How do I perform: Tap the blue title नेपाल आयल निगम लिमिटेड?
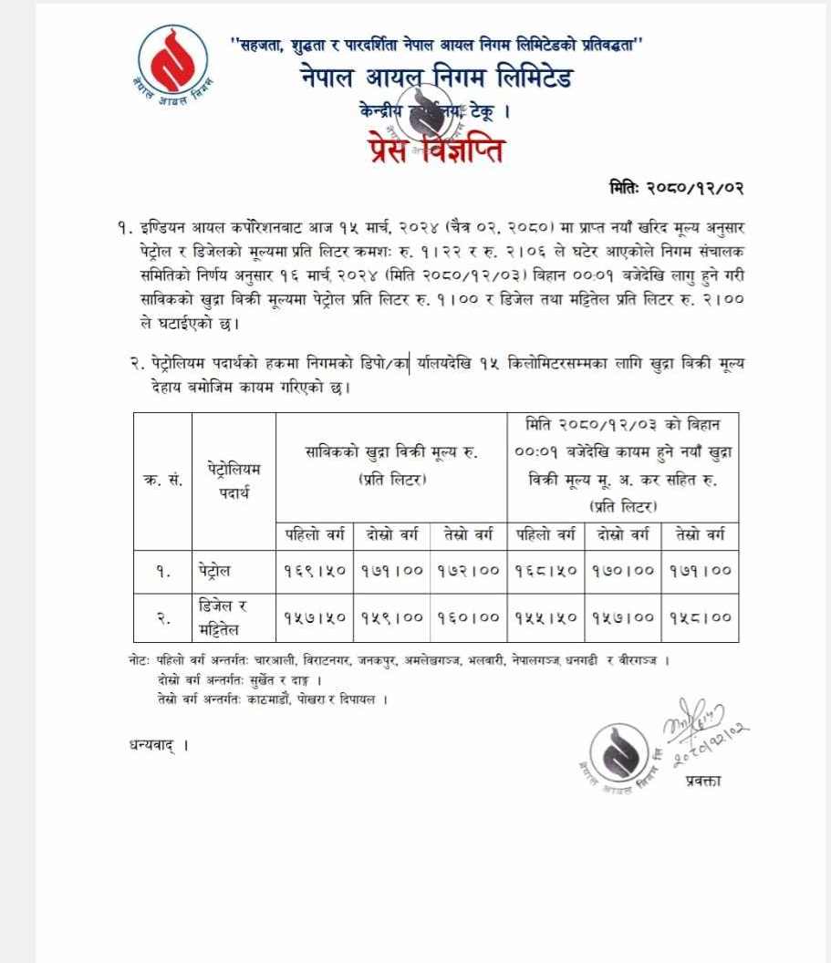coord(436,78)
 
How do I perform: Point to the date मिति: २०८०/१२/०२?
coord(677,188)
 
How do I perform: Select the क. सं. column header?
coord(162,481)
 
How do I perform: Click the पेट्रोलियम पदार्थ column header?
coord(234,481)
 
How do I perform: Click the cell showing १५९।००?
coord(390,617)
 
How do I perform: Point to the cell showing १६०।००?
coord(467,617)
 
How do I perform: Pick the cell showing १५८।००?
coord(700,617)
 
